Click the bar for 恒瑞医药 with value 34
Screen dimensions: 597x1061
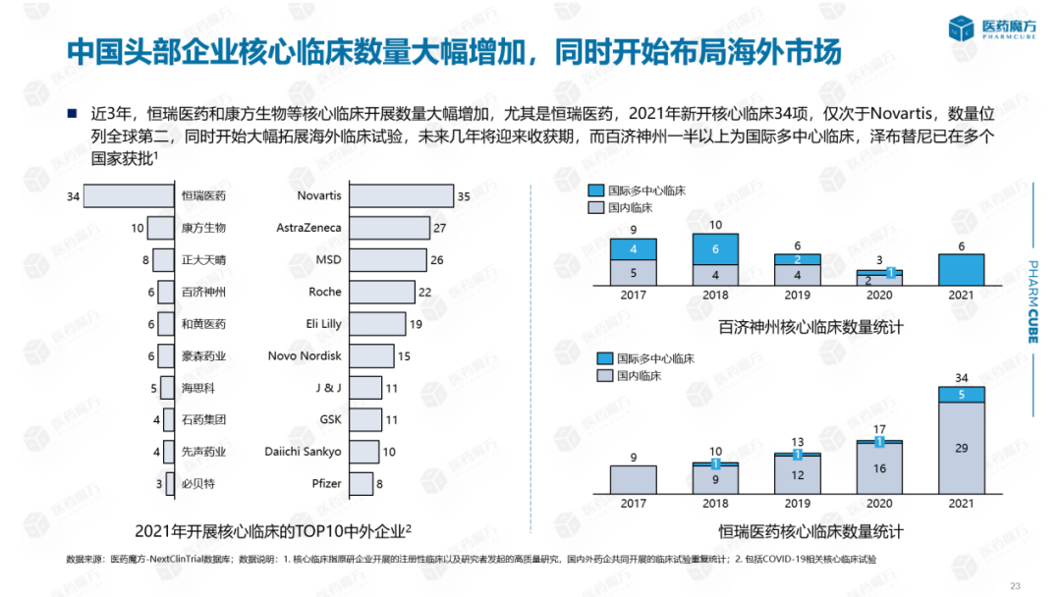pos(129,196)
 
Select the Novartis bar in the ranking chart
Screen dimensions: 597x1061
pos(401,196)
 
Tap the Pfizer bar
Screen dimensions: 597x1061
pos(362,483)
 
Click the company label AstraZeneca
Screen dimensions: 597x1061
pos(308,228)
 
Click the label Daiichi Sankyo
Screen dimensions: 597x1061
pos(304,452)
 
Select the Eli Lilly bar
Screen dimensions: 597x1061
pos(377,324)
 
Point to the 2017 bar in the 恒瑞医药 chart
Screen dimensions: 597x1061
pos(633,478)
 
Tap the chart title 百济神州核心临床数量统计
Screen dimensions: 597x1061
pos(810,327)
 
